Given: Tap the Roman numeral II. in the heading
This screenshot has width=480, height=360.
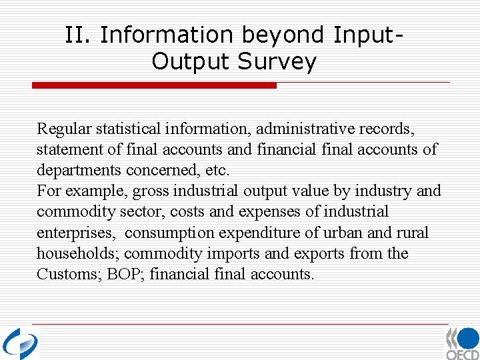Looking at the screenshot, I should click(79, 35).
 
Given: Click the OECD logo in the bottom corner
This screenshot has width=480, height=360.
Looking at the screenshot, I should click(462, 343).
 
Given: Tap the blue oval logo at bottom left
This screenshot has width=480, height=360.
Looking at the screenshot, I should click(20, 343).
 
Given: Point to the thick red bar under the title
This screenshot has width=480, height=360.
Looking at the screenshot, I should click(154, 85).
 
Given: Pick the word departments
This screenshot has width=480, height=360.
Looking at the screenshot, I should click(77, 170).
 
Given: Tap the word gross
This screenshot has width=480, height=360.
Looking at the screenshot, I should click(151, 191).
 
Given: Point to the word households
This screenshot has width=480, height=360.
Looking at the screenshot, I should click(77, 254).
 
